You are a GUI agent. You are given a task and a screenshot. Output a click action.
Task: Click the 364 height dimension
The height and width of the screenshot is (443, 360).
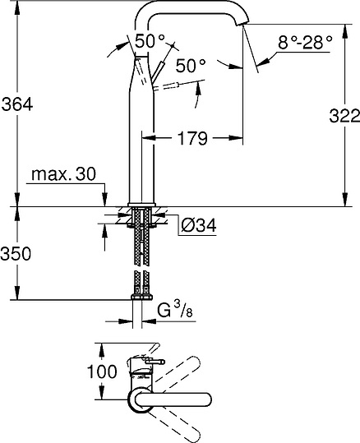[17, 106]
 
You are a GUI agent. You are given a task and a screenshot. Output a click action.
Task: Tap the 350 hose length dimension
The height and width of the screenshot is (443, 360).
[16, 253]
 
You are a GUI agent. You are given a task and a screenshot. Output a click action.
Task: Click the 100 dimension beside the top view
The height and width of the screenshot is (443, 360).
[107, 371]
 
